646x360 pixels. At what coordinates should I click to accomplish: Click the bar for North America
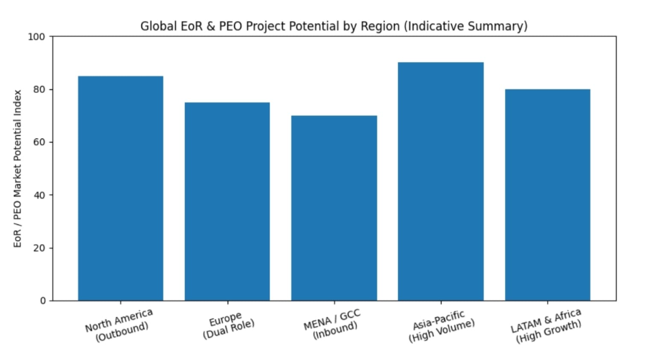121,188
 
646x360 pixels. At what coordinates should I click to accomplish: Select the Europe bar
227,201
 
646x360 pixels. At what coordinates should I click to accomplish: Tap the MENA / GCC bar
334,208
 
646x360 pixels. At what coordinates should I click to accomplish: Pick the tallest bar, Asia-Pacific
441,181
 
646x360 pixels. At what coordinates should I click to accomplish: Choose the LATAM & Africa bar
547,195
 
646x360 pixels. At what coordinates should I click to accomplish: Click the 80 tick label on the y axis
40,89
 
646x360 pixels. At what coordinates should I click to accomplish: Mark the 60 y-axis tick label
40,142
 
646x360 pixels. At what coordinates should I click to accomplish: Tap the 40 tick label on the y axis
40,195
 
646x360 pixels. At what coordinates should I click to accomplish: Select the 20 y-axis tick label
40,247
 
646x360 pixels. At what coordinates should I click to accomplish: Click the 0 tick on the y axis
43,301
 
